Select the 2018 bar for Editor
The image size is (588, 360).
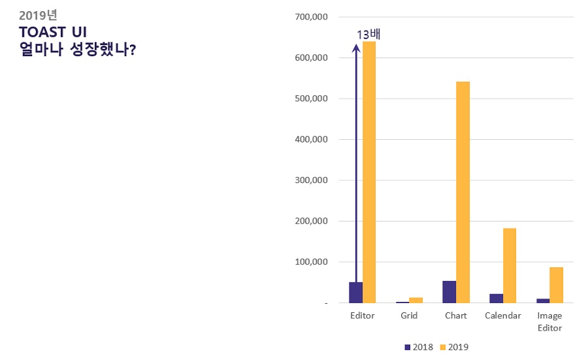355,293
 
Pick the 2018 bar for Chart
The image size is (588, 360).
449,292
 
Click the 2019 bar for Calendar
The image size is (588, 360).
510,265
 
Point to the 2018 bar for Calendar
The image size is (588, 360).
496,299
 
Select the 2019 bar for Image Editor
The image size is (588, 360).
556,285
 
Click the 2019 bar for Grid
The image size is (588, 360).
416,300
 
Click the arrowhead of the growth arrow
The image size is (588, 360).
356,47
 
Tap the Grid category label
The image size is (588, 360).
409,316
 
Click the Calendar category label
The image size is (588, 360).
502,316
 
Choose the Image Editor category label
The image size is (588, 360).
549,321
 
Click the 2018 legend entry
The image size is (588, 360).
419,347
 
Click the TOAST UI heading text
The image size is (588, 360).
54,32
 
